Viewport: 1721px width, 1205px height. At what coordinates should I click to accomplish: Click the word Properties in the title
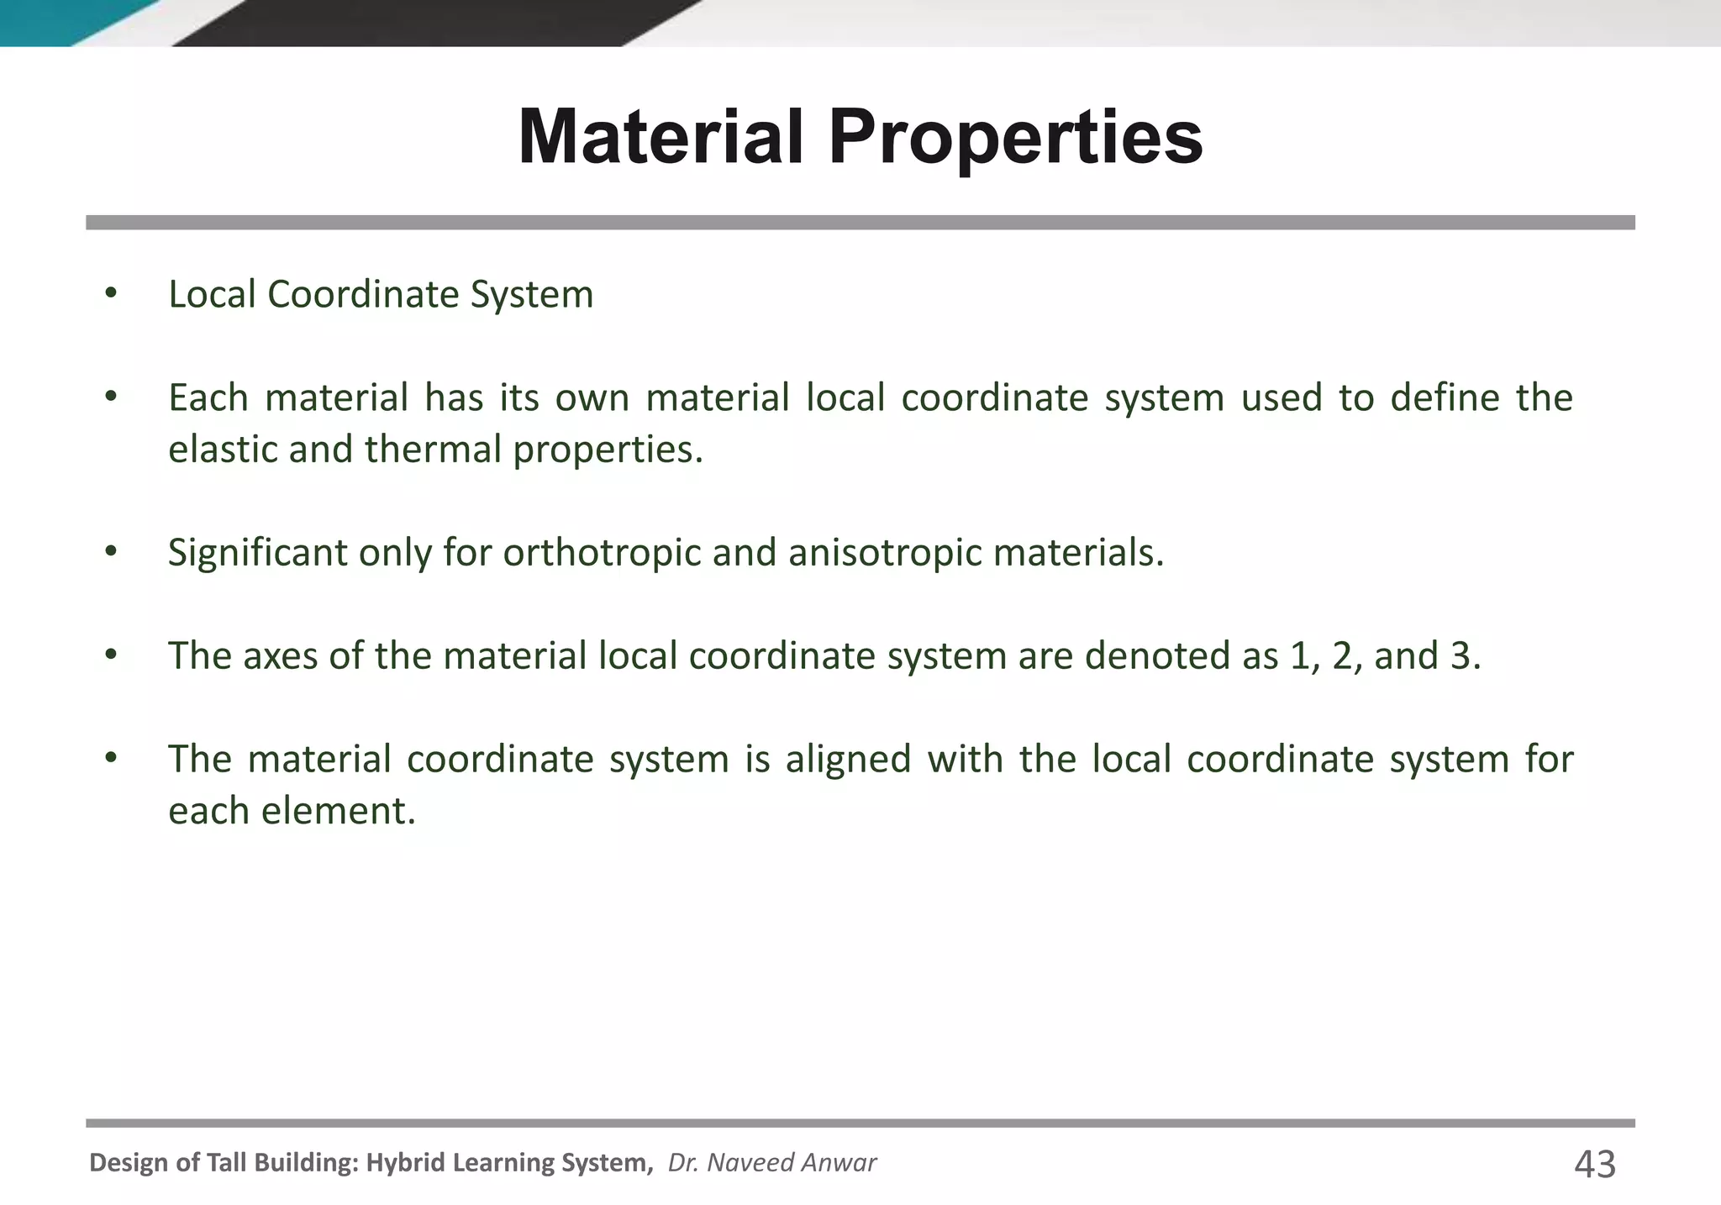tap(1015, 139)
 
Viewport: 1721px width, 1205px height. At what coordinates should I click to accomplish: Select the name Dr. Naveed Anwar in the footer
tap(771, 1163)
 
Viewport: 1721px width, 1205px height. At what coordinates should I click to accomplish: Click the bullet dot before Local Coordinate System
tap(111, 294)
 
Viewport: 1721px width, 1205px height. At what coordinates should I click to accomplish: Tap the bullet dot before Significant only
tap(111, 553)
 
